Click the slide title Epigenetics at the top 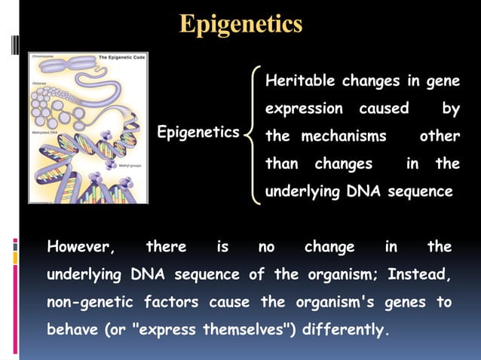[240, 24]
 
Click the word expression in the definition [304, 108]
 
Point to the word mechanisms [344, 136]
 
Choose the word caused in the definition [384, 108]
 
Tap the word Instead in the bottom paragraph [419, 275]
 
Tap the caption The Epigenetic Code [122, 57]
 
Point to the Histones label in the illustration [39, 82]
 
